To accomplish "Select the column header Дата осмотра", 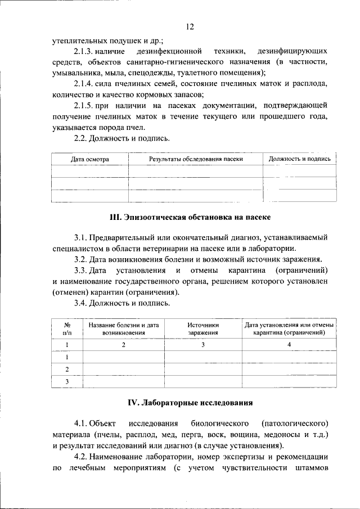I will tap(90, 159).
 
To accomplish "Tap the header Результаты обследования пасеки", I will tap(196, 159).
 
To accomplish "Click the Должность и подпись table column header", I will tap(299, 159).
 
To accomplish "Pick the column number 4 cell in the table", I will tap(289, 345).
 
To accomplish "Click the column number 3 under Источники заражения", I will tap(203, 345).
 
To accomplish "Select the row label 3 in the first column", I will tap(67, 382).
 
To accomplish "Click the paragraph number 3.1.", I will tap(82, 238).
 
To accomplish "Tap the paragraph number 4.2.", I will tap(82, 457).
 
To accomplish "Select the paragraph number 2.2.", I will tap(82, 138).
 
